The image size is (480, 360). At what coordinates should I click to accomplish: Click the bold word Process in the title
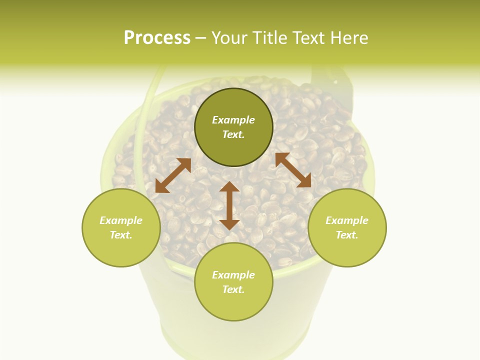[157, 38]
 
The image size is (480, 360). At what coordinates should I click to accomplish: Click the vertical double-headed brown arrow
[229, 205]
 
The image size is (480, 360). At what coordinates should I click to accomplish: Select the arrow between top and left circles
[173, 175]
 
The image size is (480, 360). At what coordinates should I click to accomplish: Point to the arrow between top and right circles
[293, 170]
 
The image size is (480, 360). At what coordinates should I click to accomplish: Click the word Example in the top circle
[233, 120]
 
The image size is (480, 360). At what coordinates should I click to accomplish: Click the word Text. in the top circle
[233, 134]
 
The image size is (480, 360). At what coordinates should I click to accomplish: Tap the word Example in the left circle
[121, 220]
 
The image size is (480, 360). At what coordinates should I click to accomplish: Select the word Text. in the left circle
[121, 235]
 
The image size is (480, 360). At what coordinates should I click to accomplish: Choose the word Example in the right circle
[347, 220]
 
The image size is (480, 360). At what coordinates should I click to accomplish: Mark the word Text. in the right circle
[347, 235]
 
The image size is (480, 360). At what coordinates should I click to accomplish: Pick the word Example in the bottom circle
[233, 275]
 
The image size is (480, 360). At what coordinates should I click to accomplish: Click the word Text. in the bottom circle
[233, 289]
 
